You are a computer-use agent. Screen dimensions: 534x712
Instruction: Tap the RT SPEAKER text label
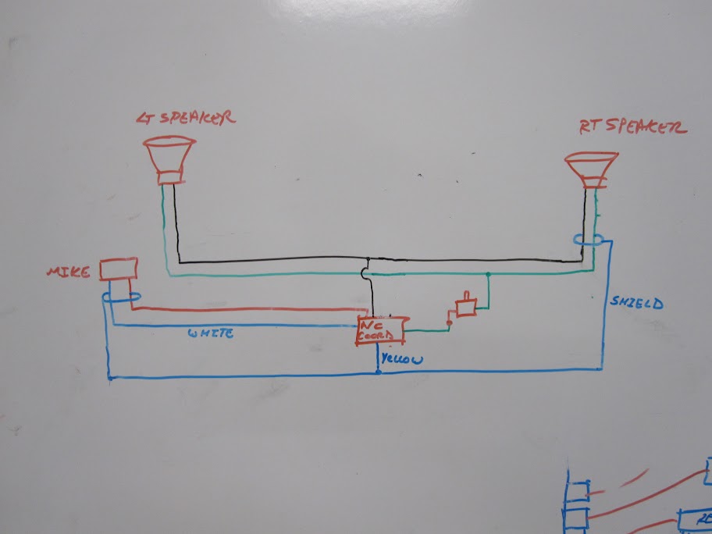(x=632, y=127)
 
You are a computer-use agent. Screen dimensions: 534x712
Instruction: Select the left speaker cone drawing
(x=169, y=158)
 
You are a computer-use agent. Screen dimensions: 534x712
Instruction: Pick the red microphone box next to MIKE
(x=119, y=270)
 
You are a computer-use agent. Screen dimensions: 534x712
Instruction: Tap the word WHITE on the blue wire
(x=210, y=333)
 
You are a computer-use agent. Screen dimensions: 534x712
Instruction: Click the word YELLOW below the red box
(x=402, y=360)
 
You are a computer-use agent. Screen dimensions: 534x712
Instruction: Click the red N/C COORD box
(x=381, y=330)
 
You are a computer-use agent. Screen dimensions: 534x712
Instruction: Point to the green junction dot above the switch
(x=488, y=275)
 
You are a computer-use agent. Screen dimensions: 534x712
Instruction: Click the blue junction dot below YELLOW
(x=379, y=373)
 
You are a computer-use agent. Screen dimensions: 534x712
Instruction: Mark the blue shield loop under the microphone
(x=121, y=297)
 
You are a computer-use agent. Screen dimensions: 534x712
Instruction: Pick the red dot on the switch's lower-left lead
(x=449, y=322)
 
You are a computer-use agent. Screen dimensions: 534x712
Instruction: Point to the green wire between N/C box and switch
(x=425, y=330)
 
